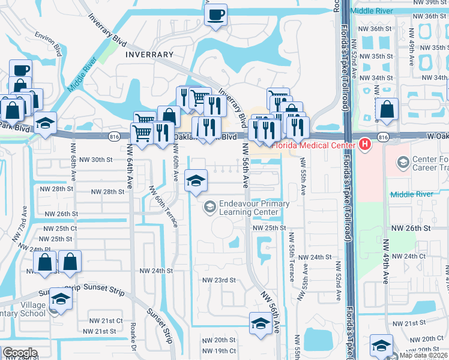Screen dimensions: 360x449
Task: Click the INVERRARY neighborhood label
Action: click(149, 54)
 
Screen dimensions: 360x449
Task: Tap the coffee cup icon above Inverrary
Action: click(215, 15)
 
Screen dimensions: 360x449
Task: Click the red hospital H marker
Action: click(364, 144)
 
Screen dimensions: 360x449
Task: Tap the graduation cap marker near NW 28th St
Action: click(195, 181)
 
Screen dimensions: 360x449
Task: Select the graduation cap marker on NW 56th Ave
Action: click(259, 323)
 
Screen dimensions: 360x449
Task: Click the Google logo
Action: click(20, 353)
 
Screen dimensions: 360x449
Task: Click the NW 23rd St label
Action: click(218, 280)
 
